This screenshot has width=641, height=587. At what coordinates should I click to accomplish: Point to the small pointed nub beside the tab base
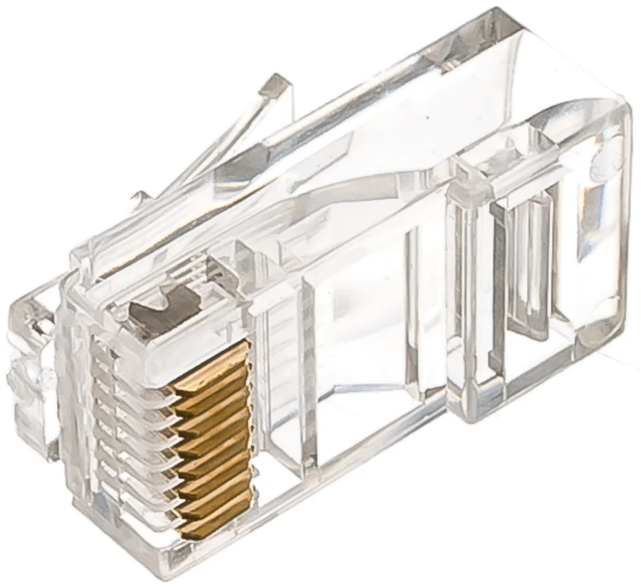[x=140, y=196]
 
